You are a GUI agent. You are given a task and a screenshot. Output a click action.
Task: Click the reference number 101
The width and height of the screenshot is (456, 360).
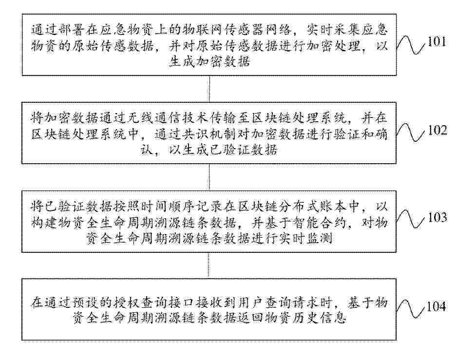click(x=437, y=42)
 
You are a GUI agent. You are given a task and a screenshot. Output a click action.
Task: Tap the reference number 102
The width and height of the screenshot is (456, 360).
click(x=437, y=130)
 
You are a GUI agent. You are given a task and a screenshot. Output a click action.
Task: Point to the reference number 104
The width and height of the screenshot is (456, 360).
click(x=436, y=306)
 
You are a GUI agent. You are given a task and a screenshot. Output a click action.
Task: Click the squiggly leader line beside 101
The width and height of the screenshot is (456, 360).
click(x=411, y=45)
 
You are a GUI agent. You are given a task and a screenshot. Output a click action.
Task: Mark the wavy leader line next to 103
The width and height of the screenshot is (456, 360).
click(x=411, y=220)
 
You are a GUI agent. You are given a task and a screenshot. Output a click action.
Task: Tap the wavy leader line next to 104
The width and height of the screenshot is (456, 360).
click(x=411, y=309)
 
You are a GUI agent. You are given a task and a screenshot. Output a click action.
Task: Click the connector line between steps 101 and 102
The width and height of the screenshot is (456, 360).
click(x=209, y=89)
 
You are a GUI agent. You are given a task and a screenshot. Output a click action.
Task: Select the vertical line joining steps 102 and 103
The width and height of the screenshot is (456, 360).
click(x=209, y=177)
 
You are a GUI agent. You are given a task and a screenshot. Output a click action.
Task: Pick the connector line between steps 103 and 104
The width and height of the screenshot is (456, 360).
click(x=209, y=265)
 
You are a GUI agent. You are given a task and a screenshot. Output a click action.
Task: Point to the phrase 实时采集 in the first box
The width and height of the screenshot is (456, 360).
click(x=332, y=30)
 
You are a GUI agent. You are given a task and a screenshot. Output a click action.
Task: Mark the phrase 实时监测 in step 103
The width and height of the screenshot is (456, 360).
click(x=307, y=239)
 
